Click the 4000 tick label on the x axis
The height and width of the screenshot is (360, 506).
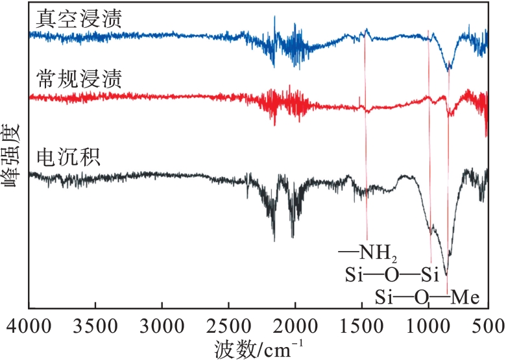[29, 324]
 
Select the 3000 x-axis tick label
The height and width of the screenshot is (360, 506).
[162, 324]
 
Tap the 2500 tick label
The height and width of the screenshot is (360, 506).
[228, 324]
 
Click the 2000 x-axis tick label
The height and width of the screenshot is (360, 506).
[295, 324]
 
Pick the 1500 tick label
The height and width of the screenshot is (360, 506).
[361, 324]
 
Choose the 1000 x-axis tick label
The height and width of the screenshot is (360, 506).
[428, 324]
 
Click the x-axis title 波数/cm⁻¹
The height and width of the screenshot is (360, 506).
[258, 346]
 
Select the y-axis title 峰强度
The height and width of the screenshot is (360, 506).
[12, 155]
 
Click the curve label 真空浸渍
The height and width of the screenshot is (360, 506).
[71, 19]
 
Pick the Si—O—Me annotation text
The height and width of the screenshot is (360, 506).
[428, 298]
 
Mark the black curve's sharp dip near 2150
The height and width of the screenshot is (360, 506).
[274, 241]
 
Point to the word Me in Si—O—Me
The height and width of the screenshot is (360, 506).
[464, 298]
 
